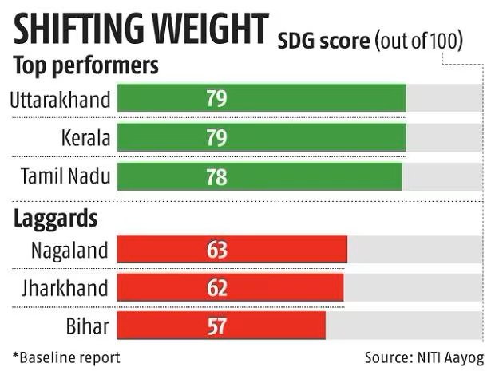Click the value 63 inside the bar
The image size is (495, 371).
pos(216,251)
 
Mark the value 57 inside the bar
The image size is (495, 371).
pos(216,326)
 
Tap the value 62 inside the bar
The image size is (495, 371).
pos(216,288)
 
